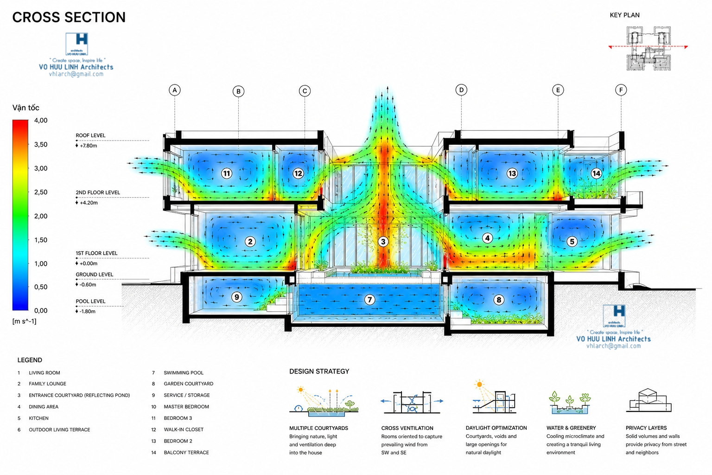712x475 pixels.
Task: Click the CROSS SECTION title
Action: pos(69,17)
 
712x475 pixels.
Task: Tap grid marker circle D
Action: pos(461,90)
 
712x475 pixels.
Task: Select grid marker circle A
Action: pos(174,90)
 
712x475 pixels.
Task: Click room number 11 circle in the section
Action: pos(227,173)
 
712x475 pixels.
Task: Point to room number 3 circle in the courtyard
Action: pos(383,242)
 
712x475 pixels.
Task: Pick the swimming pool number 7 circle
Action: pos(369,299)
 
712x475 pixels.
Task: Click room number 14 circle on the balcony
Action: pos(596,173)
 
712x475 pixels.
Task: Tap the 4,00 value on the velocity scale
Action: pos(41,120)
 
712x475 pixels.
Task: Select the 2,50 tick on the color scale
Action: pos(41,192)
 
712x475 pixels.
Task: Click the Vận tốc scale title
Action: pos(26,108)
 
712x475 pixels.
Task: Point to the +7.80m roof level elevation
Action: pos(89,146)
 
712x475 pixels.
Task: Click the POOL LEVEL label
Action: pos(90,302)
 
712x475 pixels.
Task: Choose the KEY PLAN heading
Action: pos(624,15)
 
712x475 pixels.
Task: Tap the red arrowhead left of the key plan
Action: pos(610,47)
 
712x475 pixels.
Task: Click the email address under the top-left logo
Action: pos(76,74)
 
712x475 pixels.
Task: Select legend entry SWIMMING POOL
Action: pos(184,372)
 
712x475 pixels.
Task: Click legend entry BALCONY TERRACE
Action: pos(186,452)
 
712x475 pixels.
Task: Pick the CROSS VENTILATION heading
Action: pos(407,428)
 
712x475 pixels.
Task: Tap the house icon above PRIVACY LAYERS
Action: pos(649,400)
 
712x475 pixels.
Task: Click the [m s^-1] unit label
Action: pos(25,321)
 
